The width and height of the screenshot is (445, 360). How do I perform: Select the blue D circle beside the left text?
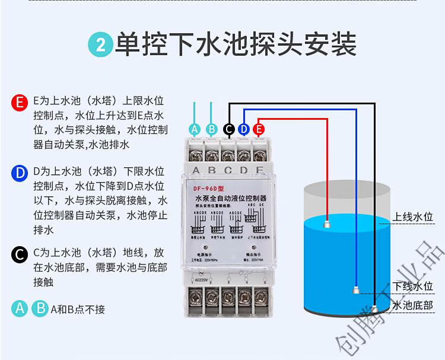tap(20, 173)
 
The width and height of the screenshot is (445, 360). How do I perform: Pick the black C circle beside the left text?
tap(20, 256)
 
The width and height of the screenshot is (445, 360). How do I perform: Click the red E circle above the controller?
tap(259, 129)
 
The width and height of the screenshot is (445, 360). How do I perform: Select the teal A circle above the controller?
tap(195, 129)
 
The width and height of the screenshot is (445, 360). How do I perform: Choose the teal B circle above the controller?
tap(211, 129)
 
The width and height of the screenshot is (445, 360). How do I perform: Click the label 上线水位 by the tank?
tap(413, 218)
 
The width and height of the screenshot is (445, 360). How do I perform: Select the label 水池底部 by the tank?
tap(413, 306)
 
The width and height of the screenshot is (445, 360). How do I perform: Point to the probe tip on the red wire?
tap(327, 225)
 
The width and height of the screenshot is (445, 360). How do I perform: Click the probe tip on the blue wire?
tap(355, 290)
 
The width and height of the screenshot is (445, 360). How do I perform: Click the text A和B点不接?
tap(78, 309)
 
